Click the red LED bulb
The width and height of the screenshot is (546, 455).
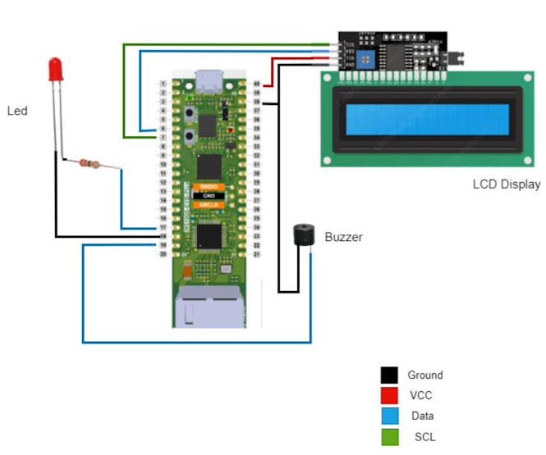click(56, 69)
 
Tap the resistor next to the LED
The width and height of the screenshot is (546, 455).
click(91, 164)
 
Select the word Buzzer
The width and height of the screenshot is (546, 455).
click(343, 238)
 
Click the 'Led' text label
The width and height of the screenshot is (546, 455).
click(17, 110)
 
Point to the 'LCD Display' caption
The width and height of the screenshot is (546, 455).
click(507, 184)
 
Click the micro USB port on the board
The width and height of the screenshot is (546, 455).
click(209, 81)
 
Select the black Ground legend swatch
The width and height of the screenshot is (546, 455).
click(389, 375)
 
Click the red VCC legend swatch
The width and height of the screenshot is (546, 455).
click(389, 396)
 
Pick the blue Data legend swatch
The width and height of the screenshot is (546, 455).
click(389, 416)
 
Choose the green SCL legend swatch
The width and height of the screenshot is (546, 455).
click(389, 437)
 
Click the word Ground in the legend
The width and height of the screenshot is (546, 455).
click(425, 375)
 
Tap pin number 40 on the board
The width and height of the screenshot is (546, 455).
click(257, 84)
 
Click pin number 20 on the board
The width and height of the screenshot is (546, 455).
click(163, 254)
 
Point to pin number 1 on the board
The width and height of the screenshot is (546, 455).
click(163, 84)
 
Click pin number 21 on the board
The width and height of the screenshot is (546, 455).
click(257, 254)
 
